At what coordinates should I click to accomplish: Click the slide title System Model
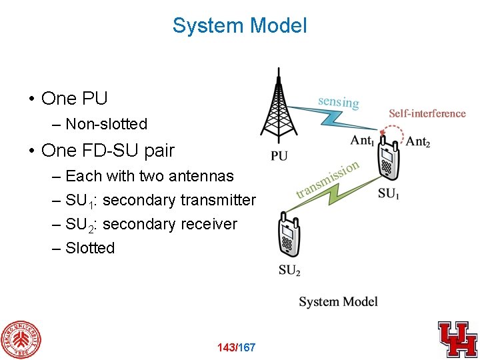point(239,26)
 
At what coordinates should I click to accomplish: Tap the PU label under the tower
point(279,157)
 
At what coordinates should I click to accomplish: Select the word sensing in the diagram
point(338,101)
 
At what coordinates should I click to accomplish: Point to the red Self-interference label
point(427,113)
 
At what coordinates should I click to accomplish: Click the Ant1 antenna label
point(363,141)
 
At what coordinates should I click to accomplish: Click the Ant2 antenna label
point(418,141)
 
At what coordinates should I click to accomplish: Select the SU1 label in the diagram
point(389,194)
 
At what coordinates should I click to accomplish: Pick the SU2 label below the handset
point(289,271)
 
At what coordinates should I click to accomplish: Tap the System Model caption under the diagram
point(338,301)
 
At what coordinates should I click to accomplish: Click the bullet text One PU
point(74,99)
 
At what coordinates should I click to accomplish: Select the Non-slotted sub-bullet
point(106,124)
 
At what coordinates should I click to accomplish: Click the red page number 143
point(227,347)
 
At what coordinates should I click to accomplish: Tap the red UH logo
point(457,339)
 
